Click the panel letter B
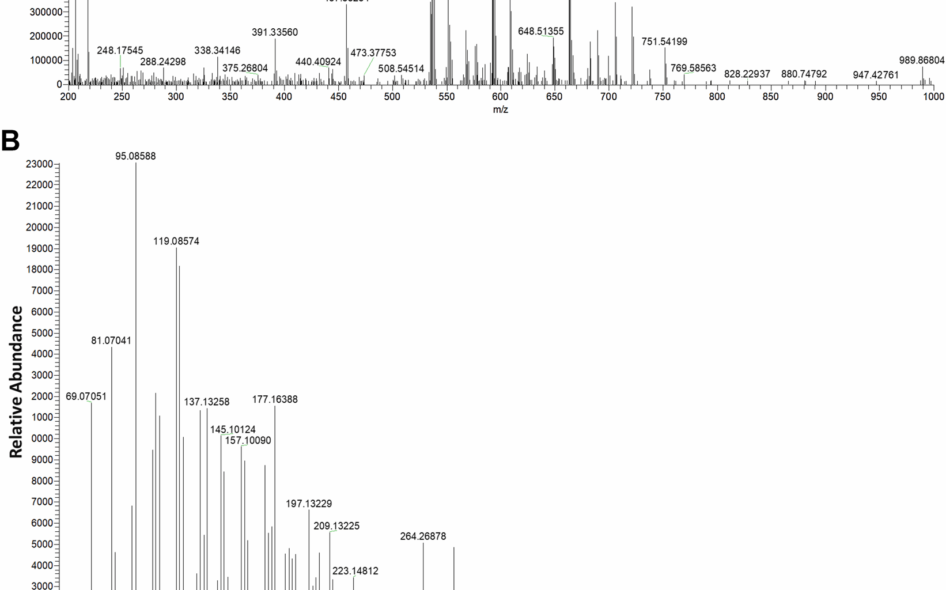click(x=10, y=141)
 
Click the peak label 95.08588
click(x=135, y=156)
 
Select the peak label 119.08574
click(x=176, y=241)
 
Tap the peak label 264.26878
click(x=423, y=536)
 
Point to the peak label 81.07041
click(x=111, y=341)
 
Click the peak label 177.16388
click(x=275, y=399)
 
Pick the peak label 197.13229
click(x=309, y=504)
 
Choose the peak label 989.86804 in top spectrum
click(x=921, y=60)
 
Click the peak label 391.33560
click(x=275, y=32)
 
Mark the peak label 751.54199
click(x=664, y=41)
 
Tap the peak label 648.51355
click(x=540, y=31)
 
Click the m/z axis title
click(x=500, y=109)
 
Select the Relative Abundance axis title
click(x=16, y=382)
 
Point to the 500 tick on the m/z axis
click(x=392, y=97)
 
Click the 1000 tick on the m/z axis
click(x=933, y=97)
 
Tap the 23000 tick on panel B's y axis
click(x=39, y=164)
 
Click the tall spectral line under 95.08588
click(x=136, y=375)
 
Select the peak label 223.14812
click(x=355, y=571)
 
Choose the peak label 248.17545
click(x=120, y=51)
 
